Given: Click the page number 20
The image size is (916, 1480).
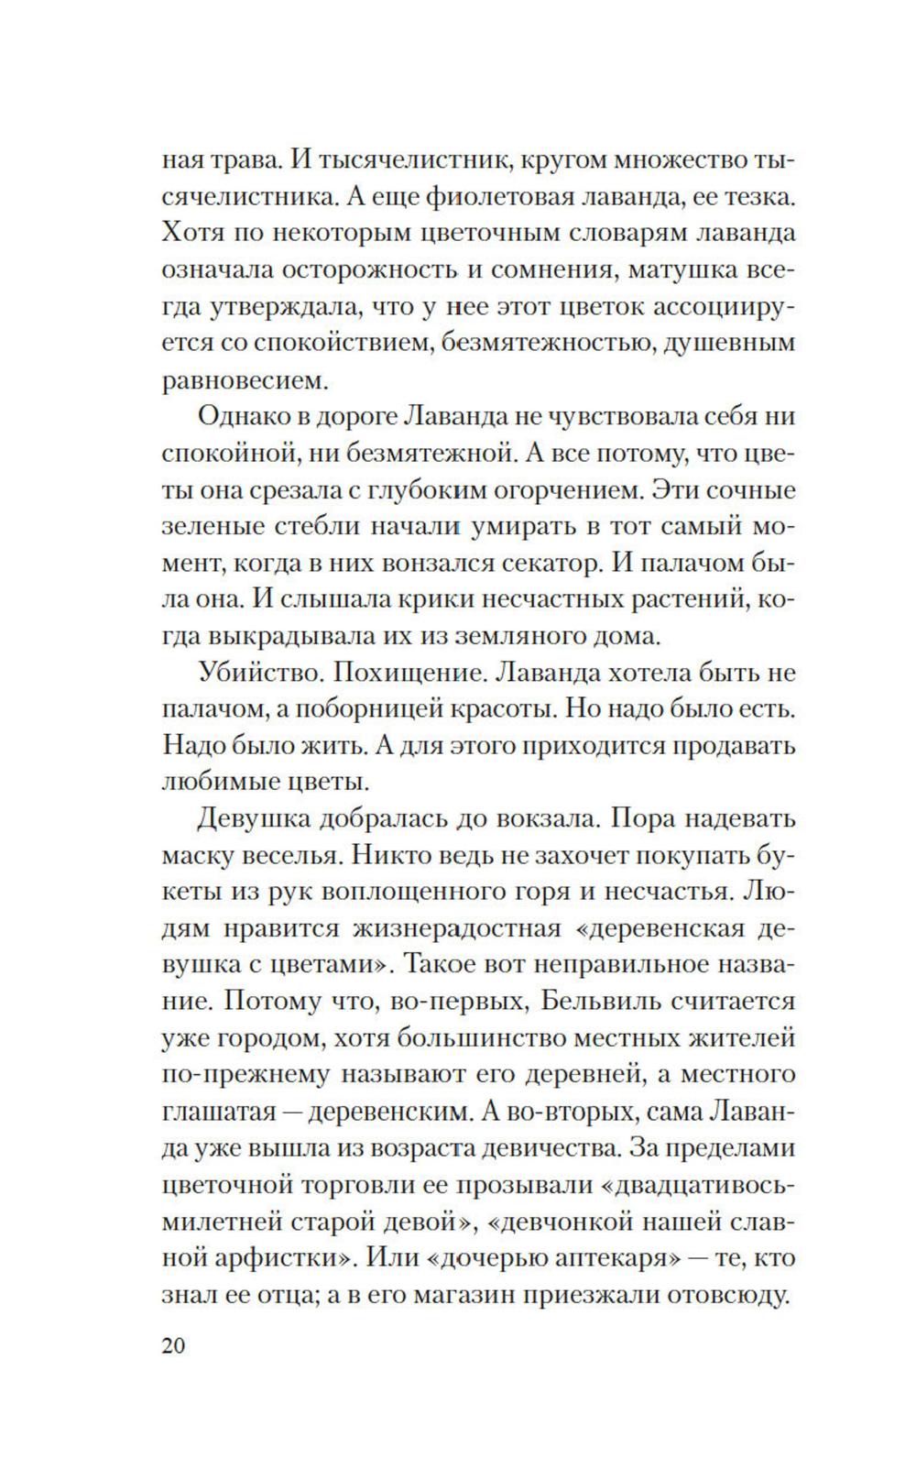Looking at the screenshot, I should (x=174, y=1346).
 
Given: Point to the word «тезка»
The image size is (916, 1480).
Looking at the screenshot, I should (x=751, y=196).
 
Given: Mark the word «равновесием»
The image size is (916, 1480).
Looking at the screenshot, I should (x=243, y=378).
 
